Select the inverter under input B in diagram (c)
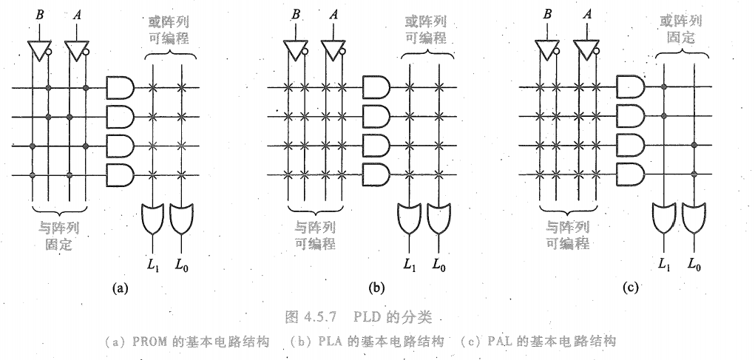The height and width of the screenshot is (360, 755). click(546, 50)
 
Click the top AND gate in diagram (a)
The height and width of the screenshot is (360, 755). click(118, 88)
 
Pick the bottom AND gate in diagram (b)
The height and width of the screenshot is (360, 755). click(374, 174)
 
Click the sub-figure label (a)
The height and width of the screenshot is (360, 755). click(118, 288)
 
